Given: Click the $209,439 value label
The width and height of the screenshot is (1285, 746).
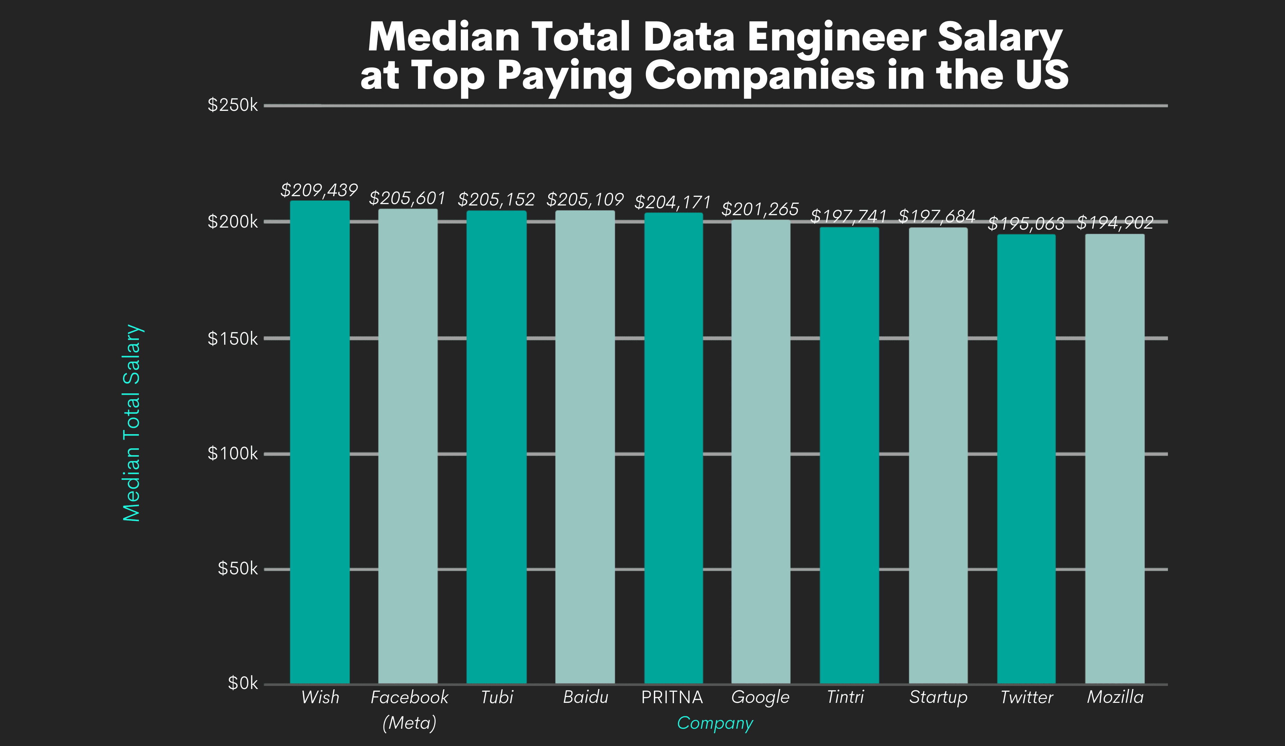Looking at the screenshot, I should [319, 190].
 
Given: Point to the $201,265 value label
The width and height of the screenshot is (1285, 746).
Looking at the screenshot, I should [760, 209].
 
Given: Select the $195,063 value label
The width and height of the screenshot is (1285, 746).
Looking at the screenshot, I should [1026, 223].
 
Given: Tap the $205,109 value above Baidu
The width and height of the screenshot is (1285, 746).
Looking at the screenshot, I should [585, 199].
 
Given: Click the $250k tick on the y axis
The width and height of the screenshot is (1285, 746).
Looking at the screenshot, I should [232, 105].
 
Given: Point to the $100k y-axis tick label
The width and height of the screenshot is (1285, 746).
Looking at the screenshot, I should [232, 453].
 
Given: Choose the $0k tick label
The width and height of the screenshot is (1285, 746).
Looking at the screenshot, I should [243, 683].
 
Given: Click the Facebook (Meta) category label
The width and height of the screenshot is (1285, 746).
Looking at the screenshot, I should [409, 709].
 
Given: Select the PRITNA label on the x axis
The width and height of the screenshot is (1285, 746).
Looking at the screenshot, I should [672, 697].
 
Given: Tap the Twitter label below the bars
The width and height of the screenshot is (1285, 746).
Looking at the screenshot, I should [1027, 697].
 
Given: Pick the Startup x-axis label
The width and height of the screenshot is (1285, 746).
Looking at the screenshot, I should [938, 697].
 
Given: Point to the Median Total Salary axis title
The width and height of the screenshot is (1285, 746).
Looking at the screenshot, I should [132, 423].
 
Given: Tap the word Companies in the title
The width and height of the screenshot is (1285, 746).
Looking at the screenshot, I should [760, 76].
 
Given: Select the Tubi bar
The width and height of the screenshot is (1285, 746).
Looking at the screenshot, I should [496, 447].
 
